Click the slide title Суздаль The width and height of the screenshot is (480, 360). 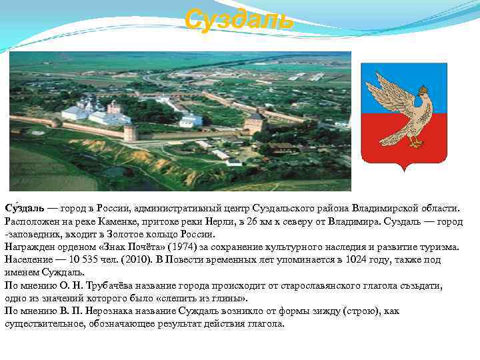[239, 19]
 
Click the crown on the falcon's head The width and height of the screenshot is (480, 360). [422, 89]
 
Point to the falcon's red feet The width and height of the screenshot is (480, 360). [417, 141]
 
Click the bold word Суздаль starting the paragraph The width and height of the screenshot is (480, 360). [25, 209]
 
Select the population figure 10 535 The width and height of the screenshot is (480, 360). [85, 259]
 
